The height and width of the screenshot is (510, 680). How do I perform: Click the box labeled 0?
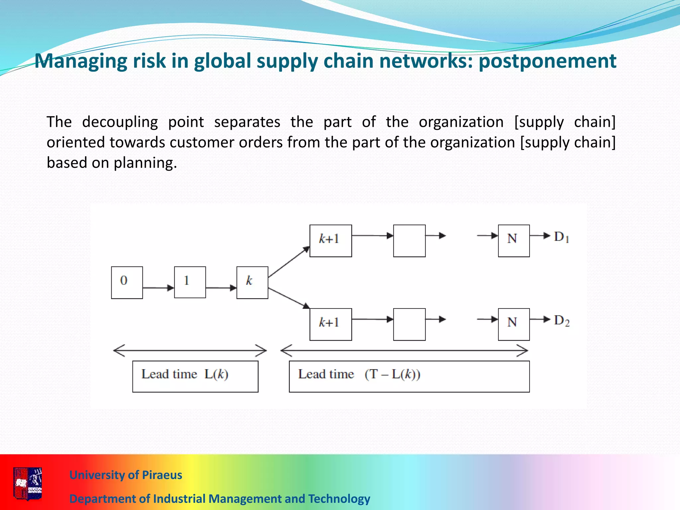coord(127,283)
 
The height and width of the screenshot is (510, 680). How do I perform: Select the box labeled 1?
coord(190,282)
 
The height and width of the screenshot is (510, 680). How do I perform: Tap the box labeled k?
coord(252,283)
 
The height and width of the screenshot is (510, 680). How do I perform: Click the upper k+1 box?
coord(330,241)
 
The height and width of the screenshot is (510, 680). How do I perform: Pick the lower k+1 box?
coord(330,324)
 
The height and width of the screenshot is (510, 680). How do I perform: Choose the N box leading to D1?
coord(514,241)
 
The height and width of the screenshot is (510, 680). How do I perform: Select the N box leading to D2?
coord(514,324)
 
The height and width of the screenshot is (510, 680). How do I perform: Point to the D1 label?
coord(561,237)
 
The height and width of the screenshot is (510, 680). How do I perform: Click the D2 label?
coord(561,321)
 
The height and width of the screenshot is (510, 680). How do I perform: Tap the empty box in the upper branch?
coord(409,241)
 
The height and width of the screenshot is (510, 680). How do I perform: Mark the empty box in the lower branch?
coord(409,324)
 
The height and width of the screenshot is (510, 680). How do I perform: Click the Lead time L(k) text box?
coord(195,377)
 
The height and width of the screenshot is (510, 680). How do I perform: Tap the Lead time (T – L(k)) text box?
coord(409,377)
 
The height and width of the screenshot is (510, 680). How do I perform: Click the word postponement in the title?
coord(547,61)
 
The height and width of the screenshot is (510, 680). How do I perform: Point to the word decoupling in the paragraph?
coord(120,122)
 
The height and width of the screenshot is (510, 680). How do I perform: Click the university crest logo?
coord(28,483)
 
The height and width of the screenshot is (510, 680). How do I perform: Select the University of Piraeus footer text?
coord(126,475)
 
